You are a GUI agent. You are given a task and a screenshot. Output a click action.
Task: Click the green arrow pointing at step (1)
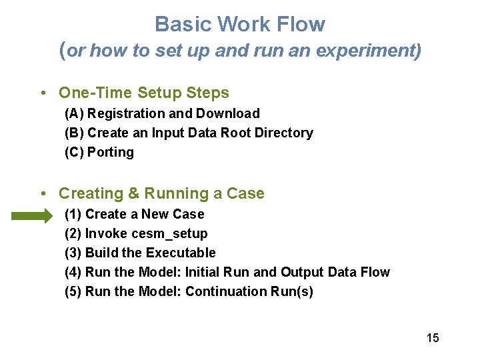point(31,215)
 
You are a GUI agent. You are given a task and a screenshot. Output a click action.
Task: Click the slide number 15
point(433,338)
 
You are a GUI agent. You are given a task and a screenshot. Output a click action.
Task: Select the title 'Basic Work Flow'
point(240,25)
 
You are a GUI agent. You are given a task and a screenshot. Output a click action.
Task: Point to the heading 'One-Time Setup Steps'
point(144,93)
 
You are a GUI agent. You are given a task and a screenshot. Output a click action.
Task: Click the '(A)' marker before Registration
point(74,114)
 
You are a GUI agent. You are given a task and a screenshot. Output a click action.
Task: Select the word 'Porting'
point(111,153)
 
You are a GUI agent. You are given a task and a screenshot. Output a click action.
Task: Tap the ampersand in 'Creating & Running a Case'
point(133,194)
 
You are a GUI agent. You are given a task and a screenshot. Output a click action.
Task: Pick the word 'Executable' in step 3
point(181,253)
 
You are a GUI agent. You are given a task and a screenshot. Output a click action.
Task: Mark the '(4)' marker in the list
point(73,273)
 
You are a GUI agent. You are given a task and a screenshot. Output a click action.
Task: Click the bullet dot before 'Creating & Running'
point(43,194)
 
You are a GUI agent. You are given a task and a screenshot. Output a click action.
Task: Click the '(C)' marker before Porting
point(74,153)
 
